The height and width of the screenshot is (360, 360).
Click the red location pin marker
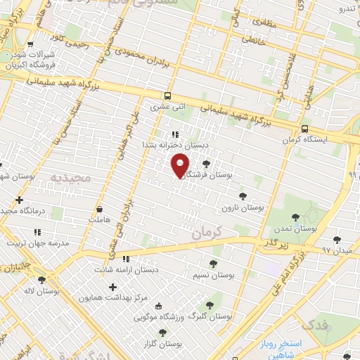pos(180,165)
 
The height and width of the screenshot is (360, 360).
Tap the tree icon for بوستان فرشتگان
pos(205,164)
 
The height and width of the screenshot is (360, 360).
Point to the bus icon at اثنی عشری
pos(167,96)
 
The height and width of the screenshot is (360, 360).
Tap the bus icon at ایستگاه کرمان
pos(304,129)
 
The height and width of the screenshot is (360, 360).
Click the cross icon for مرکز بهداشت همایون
pos(112,287)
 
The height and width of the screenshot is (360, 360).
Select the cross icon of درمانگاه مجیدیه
pos(19,200)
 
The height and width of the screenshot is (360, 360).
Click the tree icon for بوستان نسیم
pos(212,264)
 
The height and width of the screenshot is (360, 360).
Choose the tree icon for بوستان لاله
pos(41,279)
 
